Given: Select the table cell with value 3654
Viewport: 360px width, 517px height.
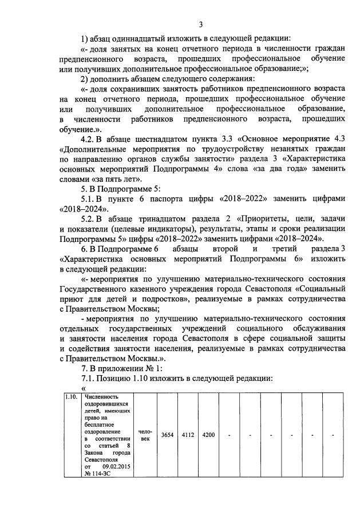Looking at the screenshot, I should pyautogui.click(x=167, y=435).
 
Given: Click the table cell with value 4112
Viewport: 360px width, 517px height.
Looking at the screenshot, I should pyautogui.click(x=188, y=435).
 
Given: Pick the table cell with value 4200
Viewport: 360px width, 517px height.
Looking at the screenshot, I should pyautogui.click(x=208, y=435).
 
